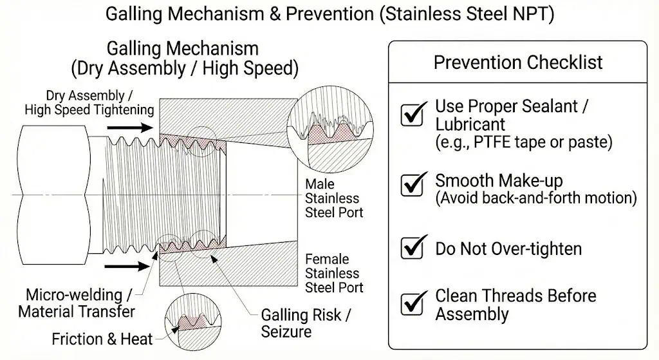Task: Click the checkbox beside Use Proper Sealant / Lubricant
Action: pos(412,115)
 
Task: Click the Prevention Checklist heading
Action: pos(518,62)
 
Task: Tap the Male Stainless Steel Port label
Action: pos(333,198)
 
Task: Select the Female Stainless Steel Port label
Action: pos(333,273)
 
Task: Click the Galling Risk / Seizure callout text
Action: pos(306,323)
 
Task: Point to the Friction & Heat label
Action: pos(102,339)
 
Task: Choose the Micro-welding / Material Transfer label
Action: pos(77,303)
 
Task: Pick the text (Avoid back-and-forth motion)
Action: pos(536,198)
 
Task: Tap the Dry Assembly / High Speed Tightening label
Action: pos(89,103)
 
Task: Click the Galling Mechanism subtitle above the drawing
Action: pos(183,48)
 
